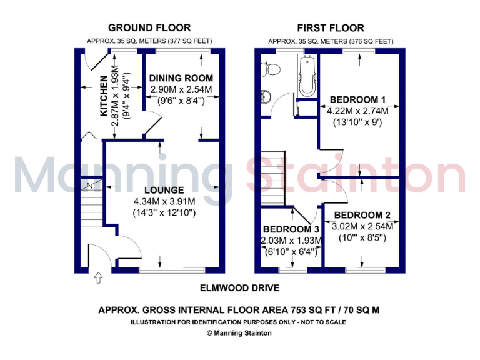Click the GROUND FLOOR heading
(149, 27)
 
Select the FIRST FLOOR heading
(331, 27)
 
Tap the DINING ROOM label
(181, 78)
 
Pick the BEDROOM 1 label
(357, 99)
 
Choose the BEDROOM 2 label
(362, 216)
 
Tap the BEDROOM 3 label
(292, 229)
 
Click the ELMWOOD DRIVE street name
(240, 288)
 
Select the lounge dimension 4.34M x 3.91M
(164, 201)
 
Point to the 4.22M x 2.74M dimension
(357, 111)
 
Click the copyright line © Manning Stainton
(239, 333)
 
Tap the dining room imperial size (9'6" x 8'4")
(181, 101)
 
